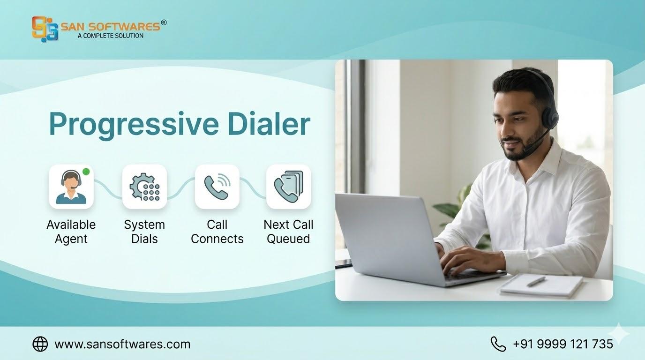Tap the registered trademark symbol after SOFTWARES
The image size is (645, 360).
[164, 22]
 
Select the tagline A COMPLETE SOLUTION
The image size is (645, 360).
[111, 36]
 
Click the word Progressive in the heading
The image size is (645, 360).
[134, 124]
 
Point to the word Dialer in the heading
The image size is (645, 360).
[269, 124]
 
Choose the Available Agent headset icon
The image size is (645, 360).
[71, 187]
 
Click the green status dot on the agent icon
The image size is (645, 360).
[86, 172]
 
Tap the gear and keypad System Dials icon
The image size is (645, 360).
[144, 187]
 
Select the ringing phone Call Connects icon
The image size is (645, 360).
[217, 187]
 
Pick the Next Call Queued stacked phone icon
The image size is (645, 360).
[289, 187]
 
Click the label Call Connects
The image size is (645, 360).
[217, 232]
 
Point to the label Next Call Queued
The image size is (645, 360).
[288, 232]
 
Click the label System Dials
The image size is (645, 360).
[144, 232]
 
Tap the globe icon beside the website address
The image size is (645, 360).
[40, 344]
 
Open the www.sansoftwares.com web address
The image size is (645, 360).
[122, 344]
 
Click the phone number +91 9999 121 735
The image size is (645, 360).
[563, 344]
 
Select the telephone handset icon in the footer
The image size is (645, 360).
[498, 344]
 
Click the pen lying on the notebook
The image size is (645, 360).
[536, 281]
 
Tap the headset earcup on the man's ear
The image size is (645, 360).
[549, 119]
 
